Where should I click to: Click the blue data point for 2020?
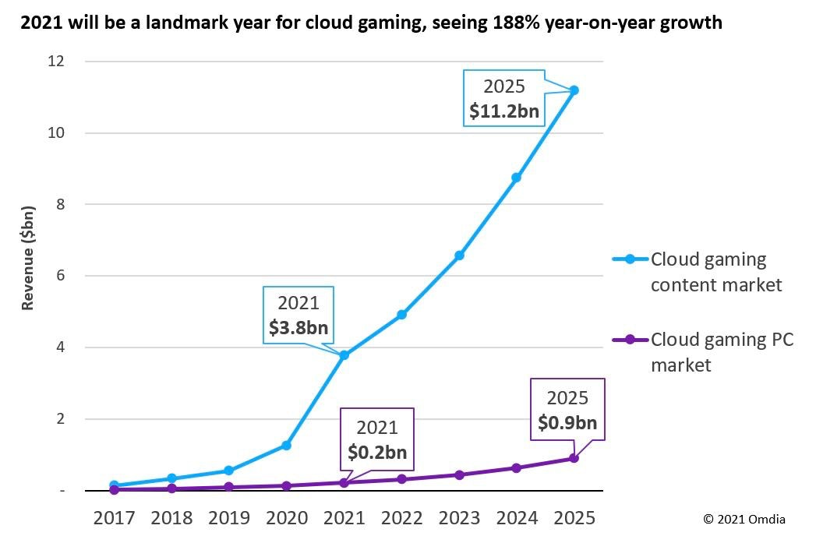286,446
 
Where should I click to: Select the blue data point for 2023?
459,256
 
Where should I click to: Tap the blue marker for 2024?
516,178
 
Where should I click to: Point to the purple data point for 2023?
459,474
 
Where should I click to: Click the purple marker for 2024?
516,467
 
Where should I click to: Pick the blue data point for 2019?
228,471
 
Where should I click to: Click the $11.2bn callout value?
503,111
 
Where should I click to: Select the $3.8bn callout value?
298,328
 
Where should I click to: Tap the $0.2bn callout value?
377,452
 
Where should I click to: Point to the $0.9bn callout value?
567,423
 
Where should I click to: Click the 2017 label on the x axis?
113,518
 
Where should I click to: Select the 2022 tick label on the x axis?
401,518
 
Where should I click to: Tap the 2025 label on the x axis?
574,518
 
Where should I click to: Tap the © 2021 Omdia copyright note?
744,519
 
